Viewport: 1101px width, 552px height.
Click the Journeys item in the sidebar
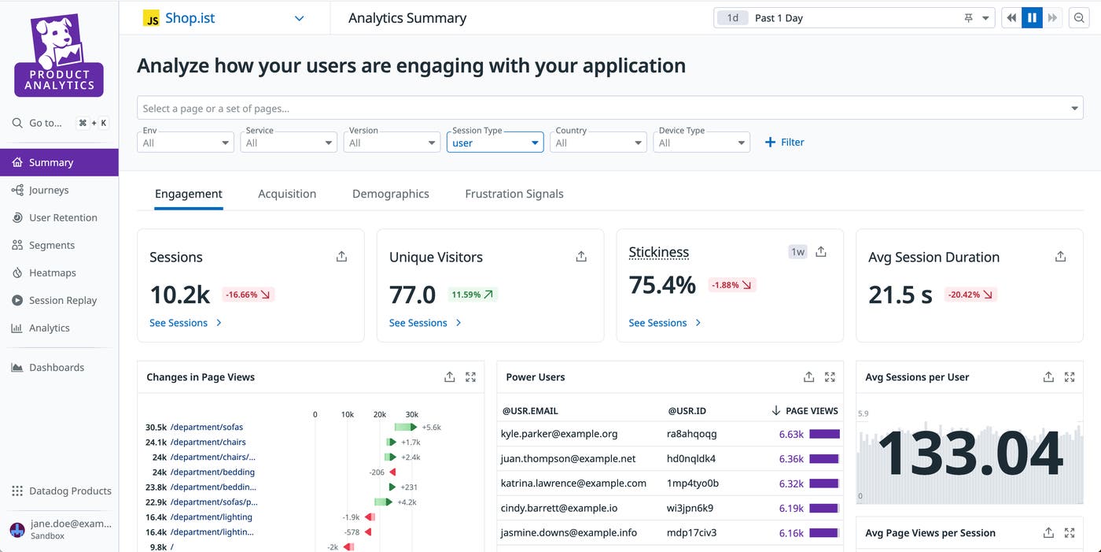49,190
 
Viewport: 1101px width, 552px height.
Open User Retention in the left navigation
63,217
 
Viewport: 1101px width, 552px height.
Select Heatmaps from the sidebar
52,272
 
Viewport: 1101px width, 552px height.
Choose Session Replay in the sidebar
62,300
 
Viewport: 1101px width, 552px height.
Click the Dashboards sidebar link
56,367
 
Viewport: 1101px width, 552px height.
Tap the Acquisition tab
287,194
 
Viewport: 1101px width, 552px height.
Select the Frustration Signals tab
514,194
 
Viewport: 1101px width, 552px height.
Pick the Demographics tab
390,194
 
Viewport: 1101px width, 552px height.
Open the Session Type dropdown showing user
495,143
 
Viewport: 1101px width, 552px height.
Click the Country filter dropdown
598,143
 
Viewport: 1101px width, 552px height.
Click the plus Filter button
785,143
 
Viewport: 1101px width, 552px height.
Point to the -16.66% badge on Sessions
248,295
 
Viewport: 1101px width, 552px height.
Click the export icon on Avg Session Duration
1060,257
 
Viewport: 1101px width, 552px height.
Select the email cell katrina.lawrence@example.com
573,483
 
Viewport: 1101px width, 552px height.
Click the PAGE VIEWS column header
811,411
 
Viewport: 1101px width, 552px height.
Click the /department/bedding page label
212,472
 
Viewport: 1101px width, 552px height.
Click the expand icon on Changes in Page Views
470,377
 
